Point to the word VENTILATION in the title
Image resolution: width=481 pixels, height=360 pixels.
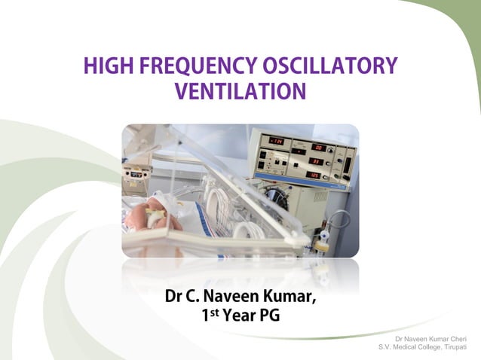point(240,92)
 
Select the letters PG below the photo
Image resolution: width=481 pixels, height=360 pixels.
point(270,316)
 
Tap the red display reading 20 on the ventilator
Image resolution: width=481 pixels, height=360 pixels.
point(318,148)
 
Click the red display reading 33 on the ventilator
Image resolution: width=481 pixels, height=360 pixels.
point(317,161)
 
